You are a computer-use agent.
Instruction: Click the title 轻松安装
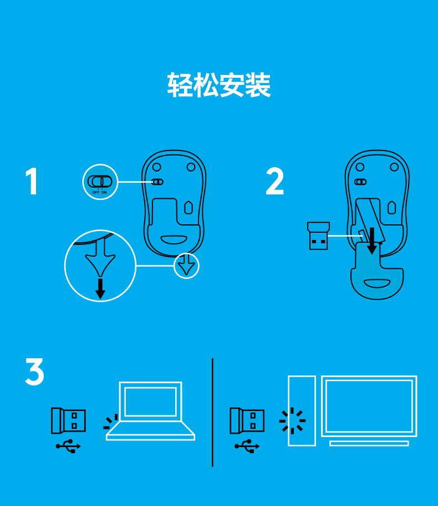pyautogui.click(x=218, y=85)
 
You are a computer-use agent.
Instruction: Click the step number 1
pyautogui.click(x=32, y=181)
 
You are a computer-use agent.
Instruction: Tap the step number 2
pyautogui.click(x=274, y=181)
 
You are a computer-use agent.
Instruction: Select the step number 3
pyautogui.click(x=34, y=372)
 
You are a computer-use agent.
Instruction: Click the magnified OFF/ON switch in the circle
pyautogui.click(x=100, y=182)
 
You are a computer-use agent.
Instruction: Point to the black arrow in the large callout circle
pyautogui.click(x=100, y=289)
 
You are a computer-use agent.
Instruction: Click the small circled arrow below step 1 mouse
pyautogui.click(x=186, y=265)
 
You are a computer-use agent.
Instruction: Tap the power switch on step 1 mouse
pyautogui.click(x=157, y=182)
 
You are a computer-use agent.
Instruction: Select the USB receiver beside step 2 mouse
pyautogui.click(x=318, y=236)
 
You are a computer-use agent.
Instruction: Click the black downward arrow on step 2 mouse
pyautogui.click(x=372, y=241)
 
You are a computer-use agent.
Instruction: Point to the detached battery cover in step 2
pyautogui.click(x=377, y=271)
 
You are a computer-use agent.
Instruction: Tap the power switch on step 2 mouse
pyautogui.click(x=360, y=182)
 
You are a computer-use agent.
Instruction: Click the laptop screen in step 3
pyautogui.click(x=150, y=402)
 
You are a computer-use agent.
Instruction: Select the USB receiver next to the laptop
pyautogui.click(x=68, y=420)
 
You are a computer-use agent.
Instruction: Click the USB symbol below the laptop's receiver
pyautogui.click(x=68, y=447)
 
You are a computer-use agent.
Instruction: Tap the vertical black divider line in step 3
pyautogui.click(x=212, y=412)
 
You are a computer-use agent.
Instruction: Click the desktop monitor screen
pyautogui.click(x=369, y=406)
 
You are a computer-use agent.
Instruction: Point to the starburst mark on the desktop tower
pyautogui.click(x=292, y=421)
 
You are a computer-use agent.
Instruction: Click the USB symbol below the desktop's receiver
pyautogui.click(x=247, y=447)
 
